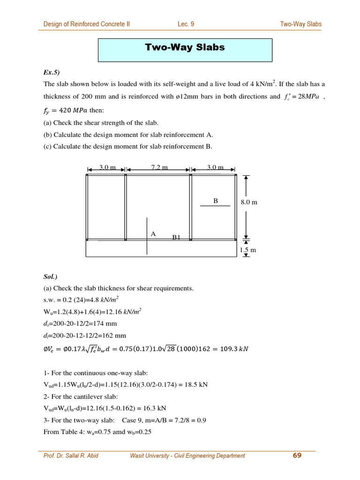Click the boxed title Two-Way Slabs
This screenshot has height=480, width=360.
click(x=185, y=47)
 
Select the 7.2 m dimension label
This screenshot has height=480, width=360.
click(x=159, y=168)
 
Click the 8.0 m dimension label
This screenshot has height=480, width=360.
click(x=249, y=202)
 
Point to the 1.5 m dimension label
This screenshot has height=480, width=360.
click(x=248, y=250)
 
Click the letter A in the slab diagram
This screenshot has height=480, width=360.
click(x=153, y=234)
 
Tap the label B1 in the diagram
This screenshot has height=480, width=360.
click(x=176, y=237)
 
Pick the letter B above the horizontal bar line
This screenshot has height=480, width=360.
click(x=216, y=201)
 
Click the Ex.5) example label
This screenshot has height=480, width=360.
click(x=52, y=72)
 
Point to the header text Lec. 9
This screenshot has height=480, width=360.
click(x=186, y=24)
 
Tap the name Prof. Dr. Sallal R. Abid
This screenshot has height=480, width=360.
click(x=71, y=456)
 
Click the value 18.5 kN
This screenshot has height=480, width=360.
click(x=197, y=385)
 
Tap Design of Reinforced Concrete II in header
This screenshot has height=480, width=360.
click(x=87, y=24)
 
